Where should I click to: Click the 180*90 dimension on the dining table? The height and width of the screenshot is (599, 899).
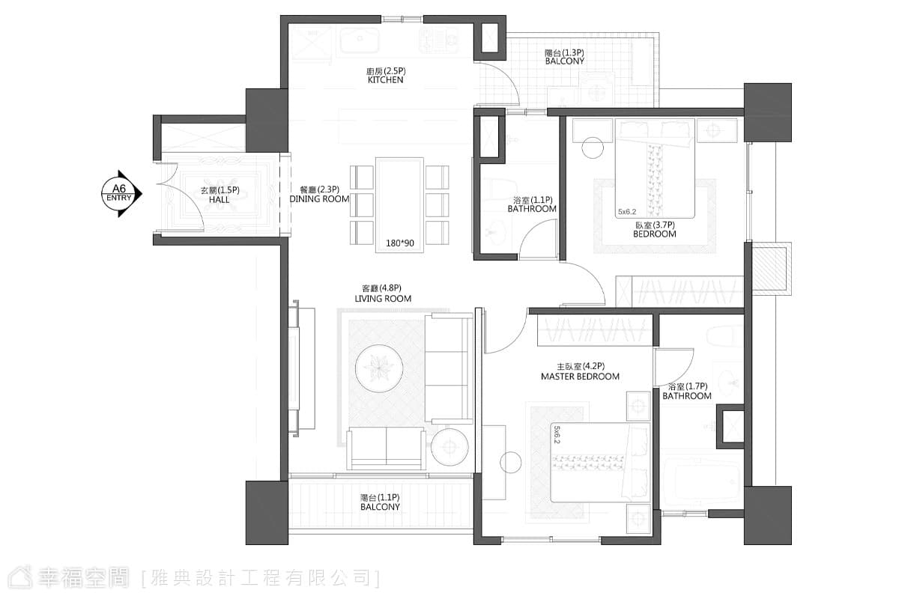pos(400,243)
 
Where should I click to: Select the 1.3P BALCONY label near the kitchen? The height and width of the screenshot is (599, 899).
pos(565,57)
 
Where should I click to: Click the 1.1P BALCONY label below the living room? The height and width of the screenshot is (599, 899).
pos(380,502)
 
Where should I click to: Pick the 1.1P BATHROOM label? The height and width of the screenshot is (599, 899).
pos(532,204)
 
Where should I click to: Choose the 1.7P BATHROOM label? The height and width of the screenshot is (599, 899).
pos(687,391)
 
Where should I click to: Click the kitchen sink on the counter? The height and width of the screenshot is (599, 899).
pos(360,40)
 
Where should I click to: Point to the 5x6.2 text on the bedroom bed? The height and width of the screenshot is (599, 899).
pos(627,211)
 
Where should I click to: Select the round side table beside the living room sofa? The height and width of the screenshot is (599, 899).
pos(449,447)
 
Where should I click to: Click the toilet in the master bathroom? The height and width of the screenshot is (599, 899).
pos(725,335)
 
